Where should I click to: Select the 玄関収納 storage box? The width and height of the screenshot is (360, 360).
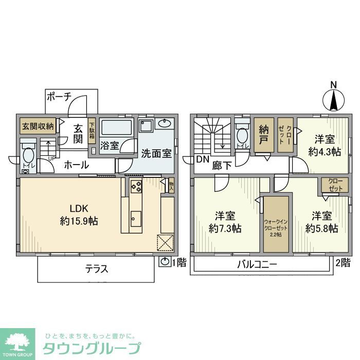pos(38,127)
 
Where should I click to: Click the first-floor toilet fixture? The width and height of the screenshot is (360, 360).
pos(28,154)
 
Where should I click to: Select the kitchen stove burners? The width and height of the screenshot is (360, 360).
pos(137,188)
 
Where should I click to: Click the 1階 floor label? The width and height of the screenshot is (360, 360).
pos(178,263)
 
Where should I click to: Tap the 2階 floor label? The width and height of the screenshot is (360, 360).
pos(343,263)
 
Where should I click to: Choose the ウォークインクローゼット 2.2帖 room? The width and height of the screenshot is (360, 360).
pos(276,224)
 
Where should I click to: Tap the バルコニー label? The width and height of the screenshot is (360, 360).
pos(257,265)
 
